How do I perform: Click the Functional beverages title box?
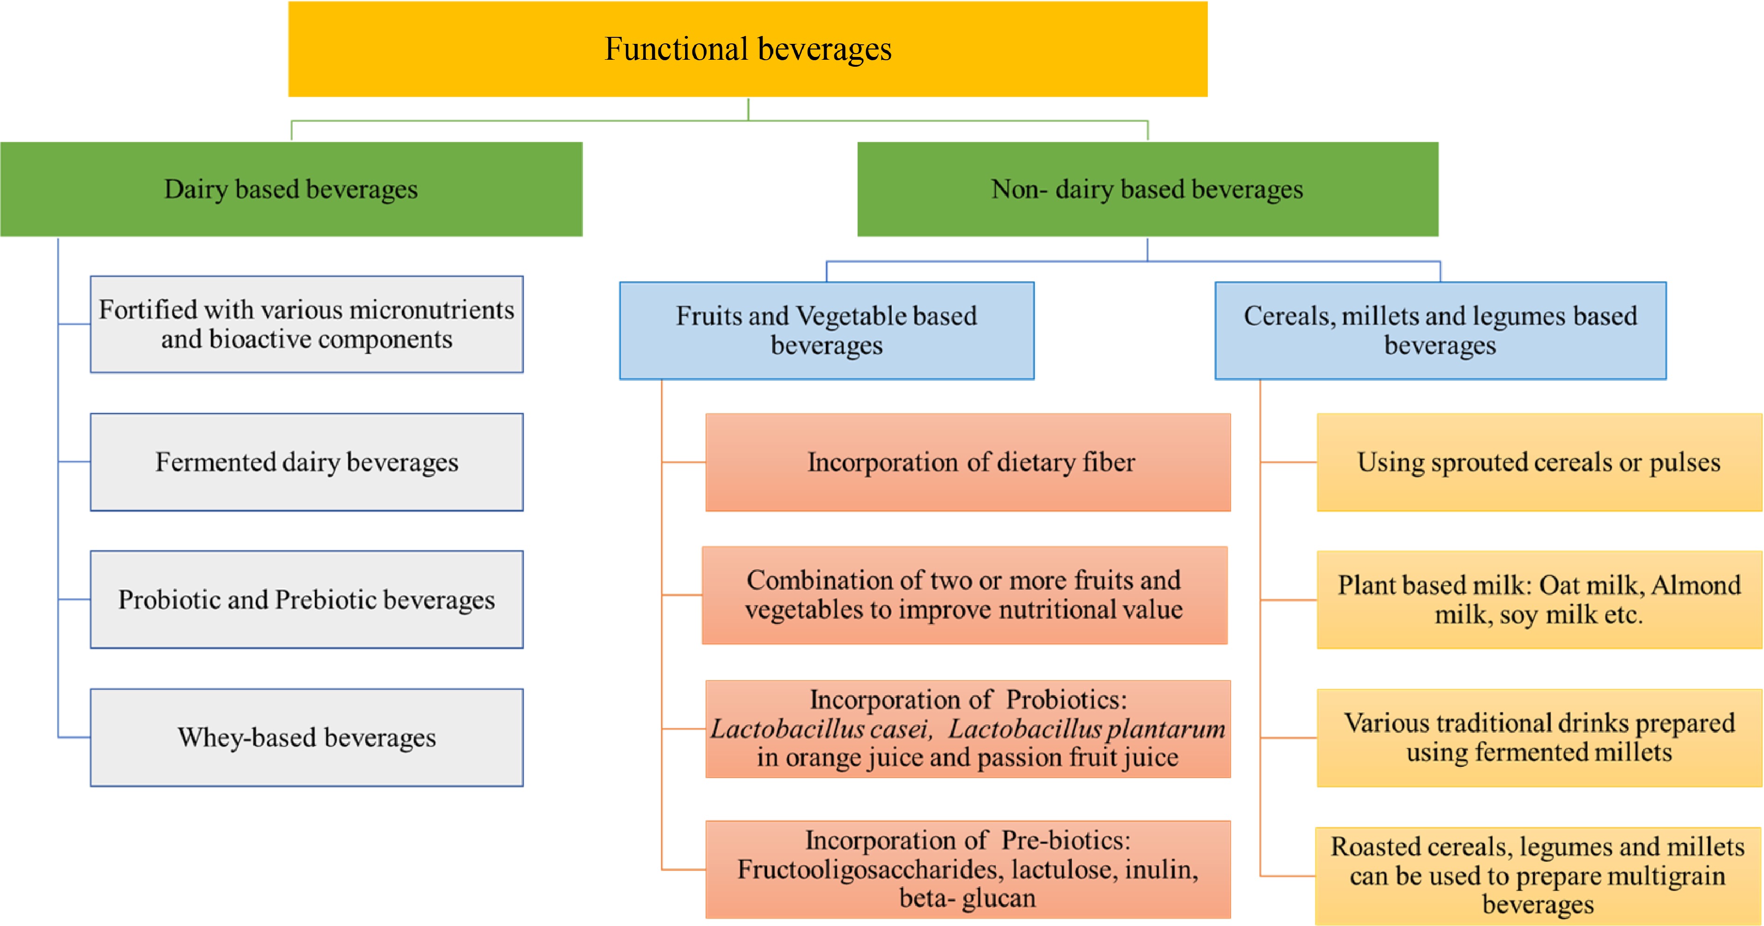click(747, 49)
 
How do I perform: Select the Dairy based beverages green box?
click(291, 189)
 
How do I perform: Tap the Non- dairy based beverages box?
click(1147, 189)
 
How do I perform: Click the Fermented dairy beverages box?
click(306, 463)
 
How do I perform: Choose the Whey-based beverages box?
click(306, 737)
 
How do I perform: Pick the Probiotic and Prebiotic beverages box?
click(306, 600)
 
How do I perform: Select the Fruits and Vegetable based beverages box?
click(826, 330)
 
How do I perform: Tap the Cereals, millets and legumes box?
click(1440, 330)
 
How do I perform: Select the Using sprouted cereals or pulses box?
click(1539, 463)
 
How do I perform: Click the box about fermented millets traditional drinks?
click(1539, 737)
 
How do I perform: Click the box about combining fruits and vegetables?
click(964, 595)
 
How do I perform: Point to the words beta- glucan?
click(967, 898)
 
